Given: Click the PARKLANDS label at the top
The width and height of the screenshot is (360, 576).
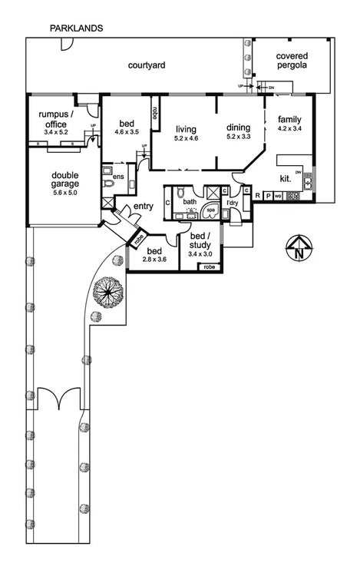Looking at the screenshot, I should tap(77, 28).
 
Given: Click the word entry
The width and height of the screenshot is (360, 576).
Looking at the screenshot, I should tap(144, 207).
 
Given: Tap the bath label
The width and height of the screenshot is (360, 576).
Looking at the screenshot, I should tap(189, 201).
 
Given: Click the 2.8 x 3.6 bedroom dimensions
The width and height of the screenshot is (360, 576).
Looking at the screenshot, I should tap(154, 260).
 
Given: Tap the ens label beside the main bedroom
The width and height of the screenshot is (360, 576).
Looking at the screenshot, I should tap(118, 177).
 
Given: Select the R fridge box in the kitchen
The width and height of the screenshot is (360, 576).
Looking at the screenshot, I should tap(257, 195).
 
